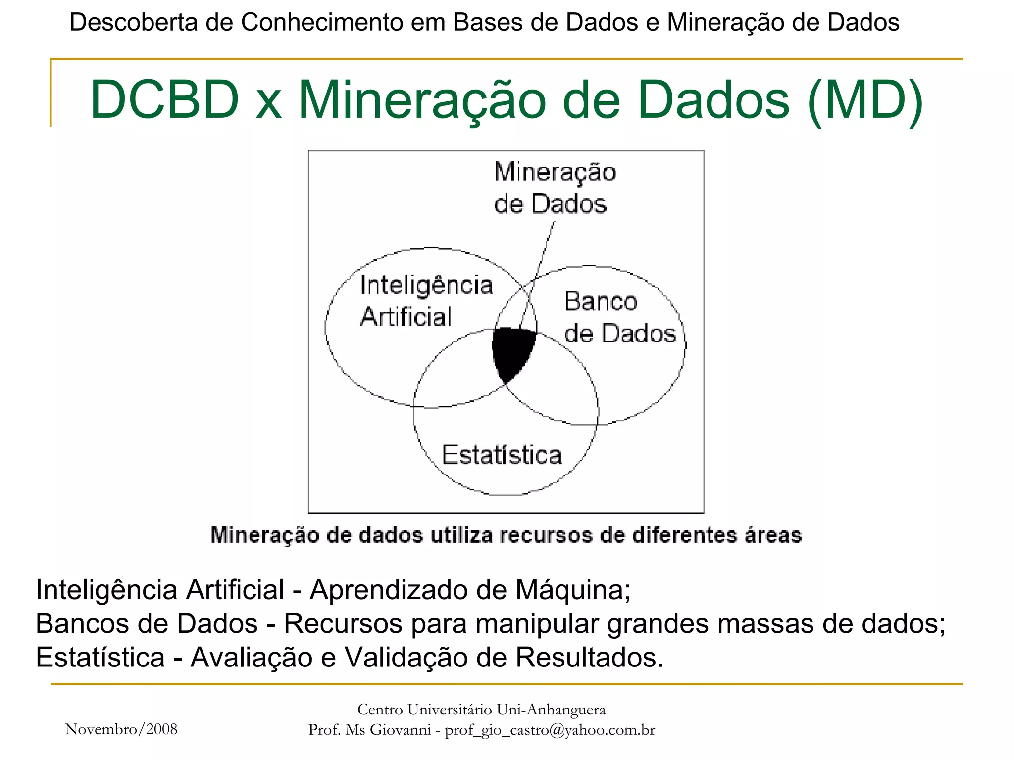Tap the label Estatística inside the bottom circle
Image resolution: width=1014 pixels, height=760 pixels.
(x=502, y=455)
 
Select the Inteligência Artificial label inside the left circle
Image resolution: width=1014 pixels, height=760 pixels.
(x=426, y=300)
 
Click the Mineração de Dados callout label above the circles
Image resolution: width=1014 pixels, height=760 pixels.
(x=555, y=188)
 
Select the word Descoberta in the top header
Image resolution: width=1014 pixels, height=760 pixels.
(x=133, y=22)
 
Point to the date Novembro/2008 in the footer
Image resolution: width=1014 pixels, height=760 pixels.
(x=121, y=729)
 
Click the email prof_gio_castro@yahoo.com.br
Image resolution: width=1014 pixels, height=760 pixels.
(x=550, y=730)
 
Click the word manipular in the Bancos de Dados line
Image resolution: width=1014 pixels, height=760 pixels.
(x=537, y=623)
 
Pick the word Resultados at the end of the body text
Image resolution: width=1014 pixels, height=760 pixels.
(x=589, y=658)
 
